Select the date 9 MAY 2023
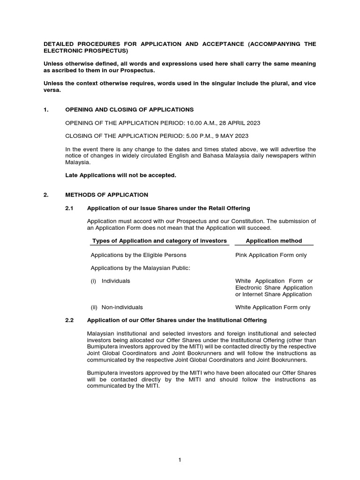[232, 136]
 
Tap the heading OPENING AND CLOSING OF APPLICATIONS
[129, 110]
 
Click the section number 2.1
[69, 208]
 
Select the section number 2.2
[69, 320]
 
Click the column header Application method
[274, 240]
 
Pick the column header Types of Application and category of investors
[159, 240]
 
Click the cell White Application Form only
[273, 307]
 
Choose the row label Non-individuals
[122, 307]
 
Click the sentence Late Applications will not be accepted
[120, 175]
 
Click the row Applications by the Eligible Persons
[138, 255]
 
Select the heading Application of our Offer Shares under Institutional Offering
[177, 320]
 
